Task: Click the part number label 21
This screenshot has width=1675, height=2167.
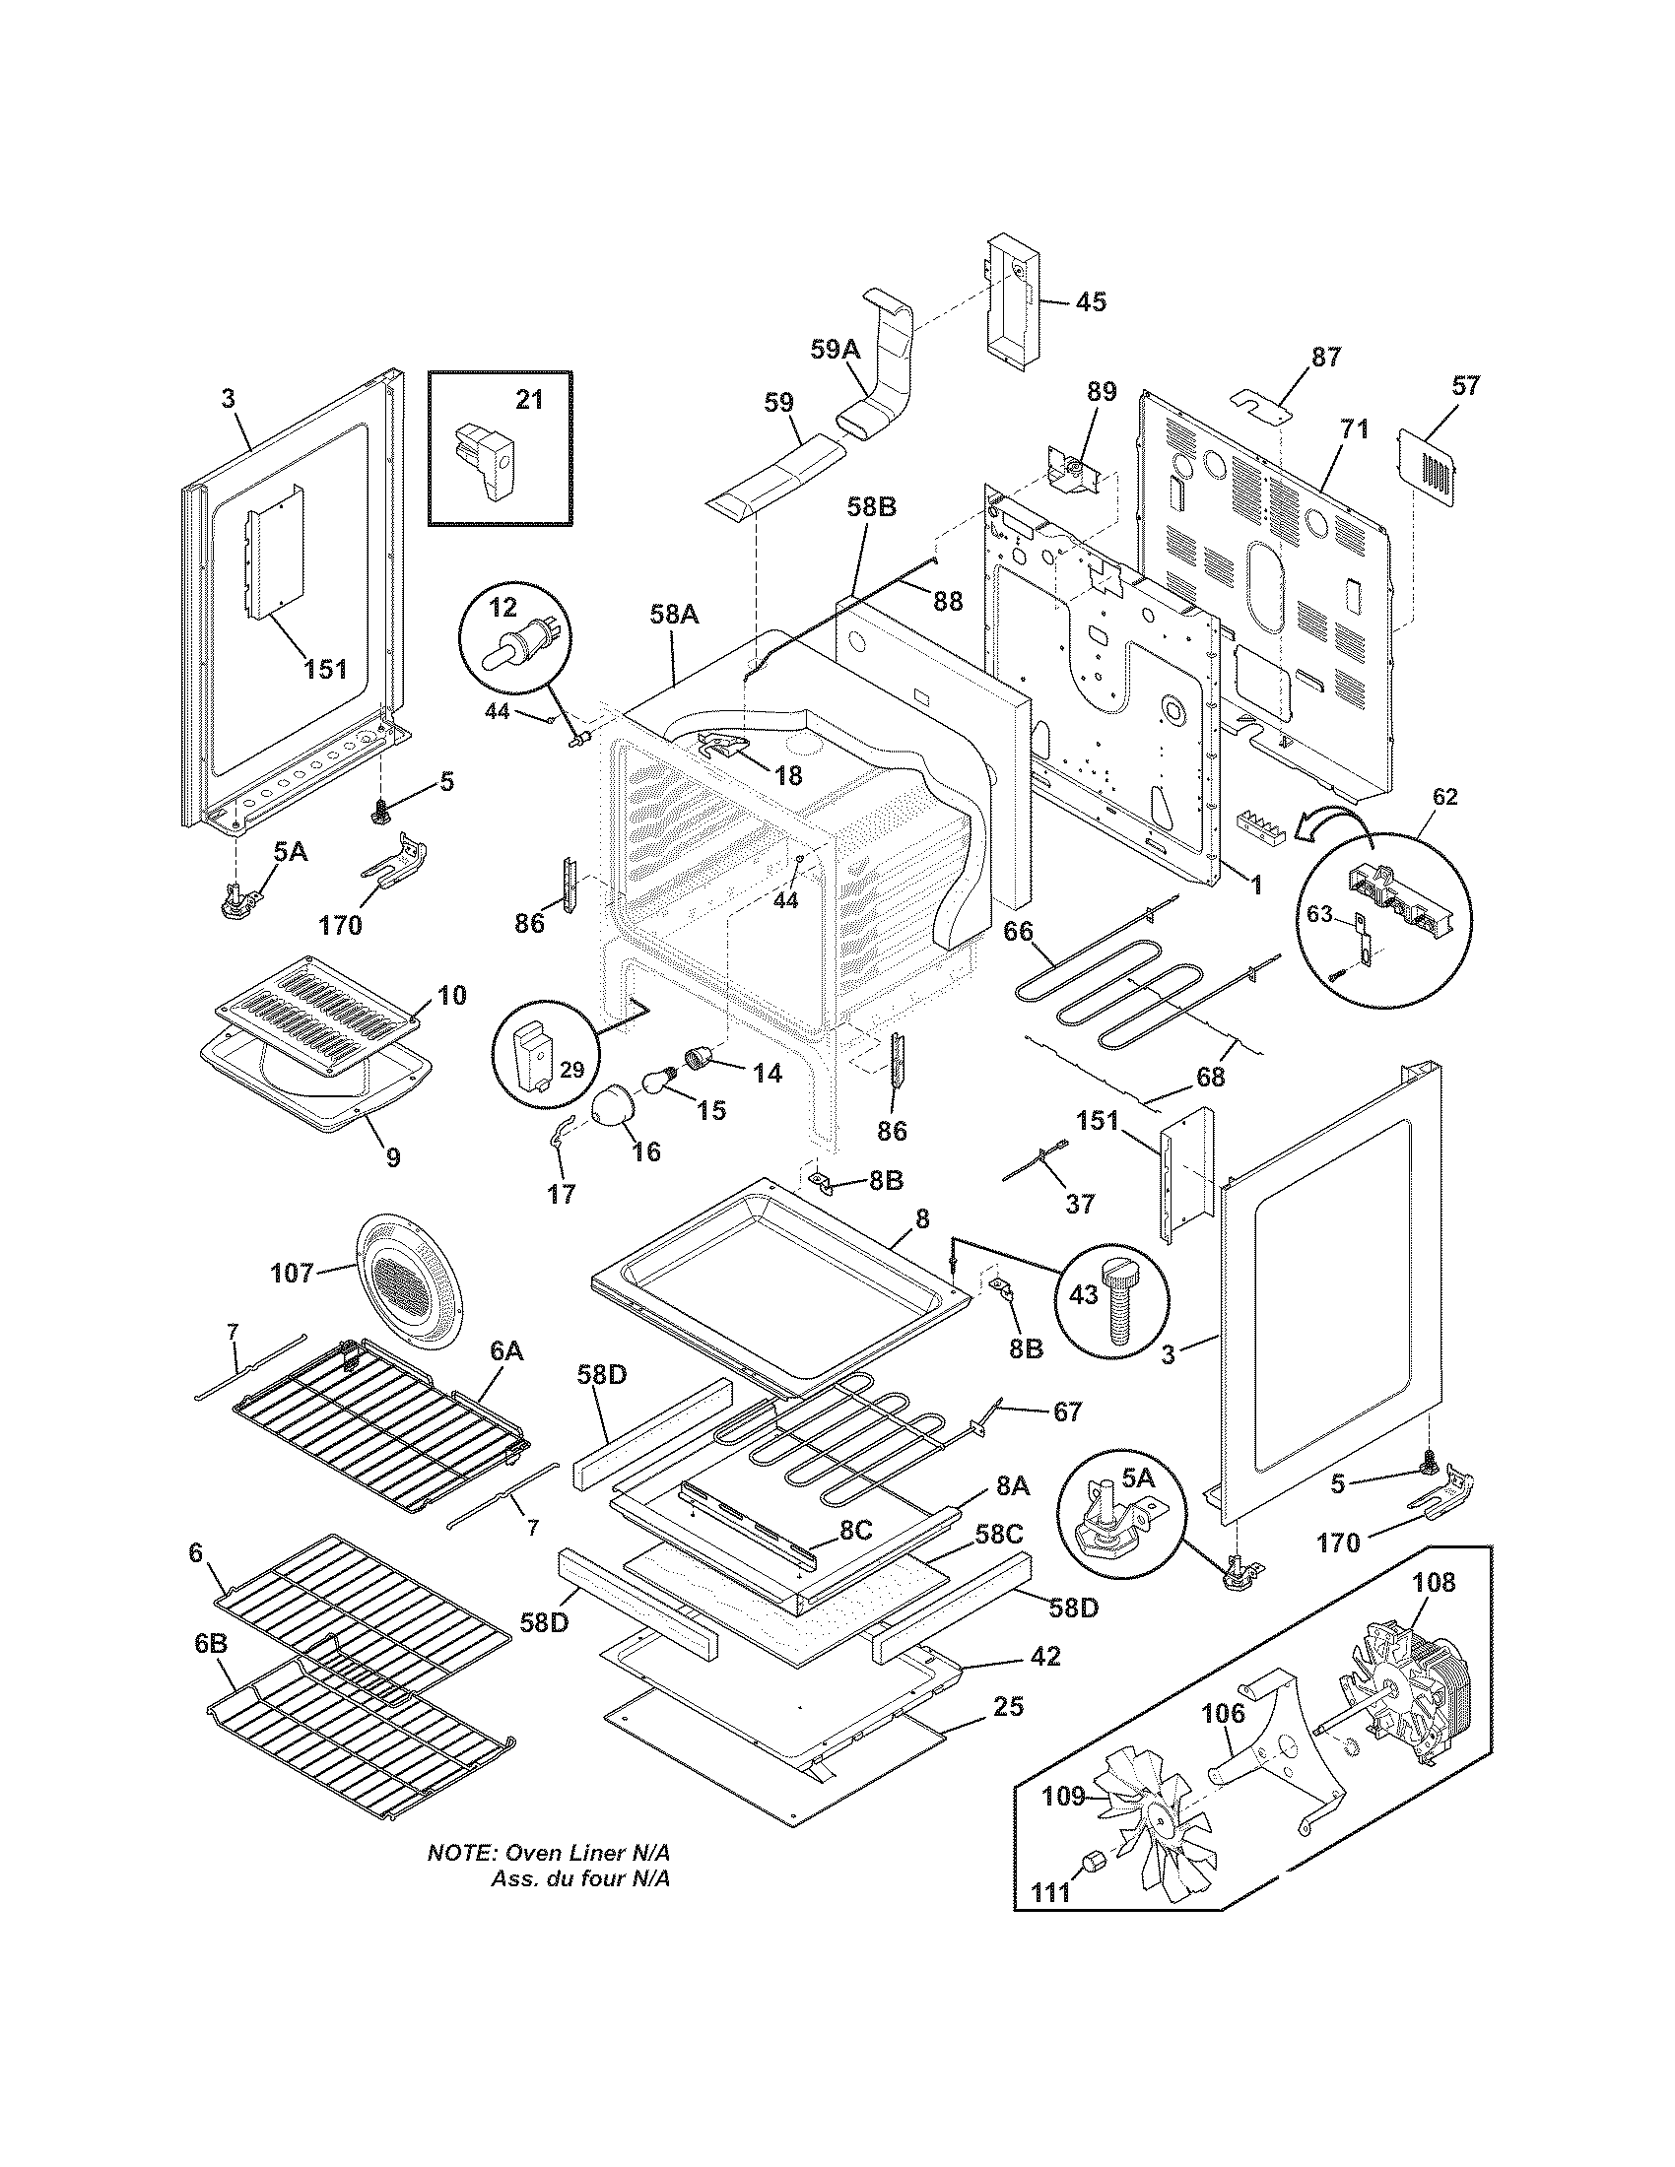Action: coord(529,399)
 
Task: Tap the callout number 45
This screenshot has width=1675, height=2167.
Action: coord(1091,300)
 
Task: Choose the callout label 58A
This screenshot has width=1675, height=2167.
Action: coord(675,615)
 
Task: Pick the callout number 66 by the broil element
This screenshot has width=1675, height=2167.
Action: coord(1018,932)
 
